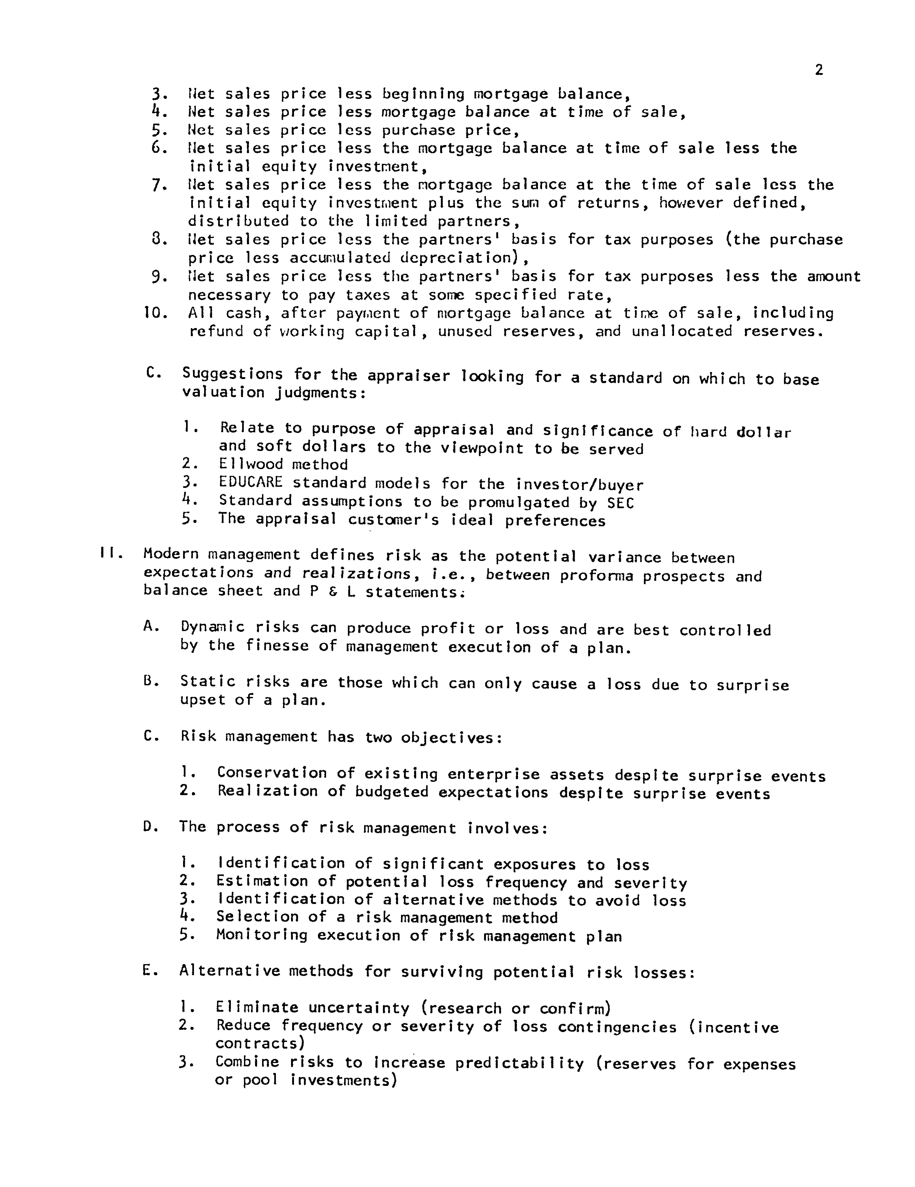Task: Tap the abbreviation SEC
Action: click(x=621, y=503)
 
